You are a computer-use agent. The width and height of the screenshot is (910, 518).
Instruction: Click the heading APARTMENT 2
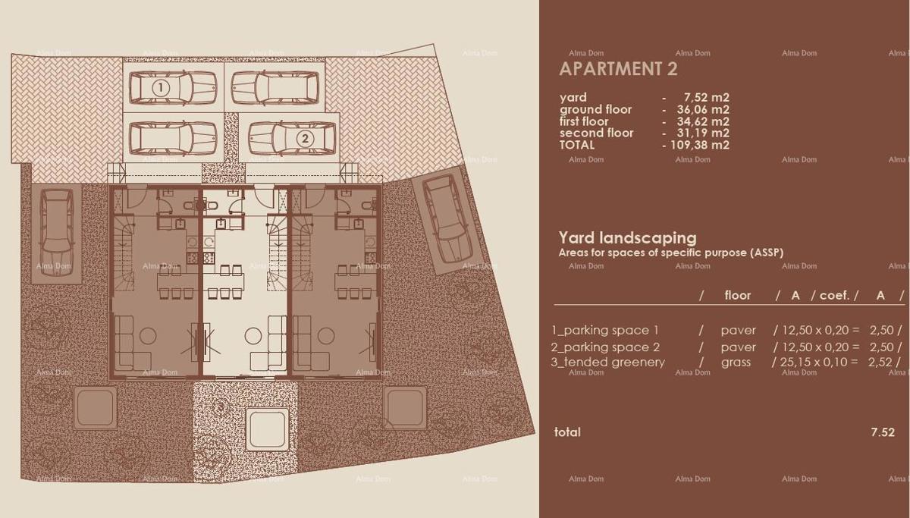tap(618, 69)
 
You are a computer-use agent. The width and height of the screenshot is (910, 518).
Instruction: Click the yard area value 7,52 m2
tap(706, 97)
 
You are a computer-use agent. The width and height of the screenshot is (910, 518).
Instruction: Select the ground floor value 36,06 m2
tap(702, 109)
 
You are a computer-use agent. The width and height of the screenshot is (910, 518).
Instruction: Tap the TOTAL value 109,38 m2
tap(698, 145)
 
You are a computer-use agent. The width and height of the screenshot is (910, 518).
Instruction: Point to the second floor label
tap(596, 133)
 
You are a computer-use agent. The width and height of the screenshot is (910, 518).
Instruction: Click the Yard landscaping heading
tap(627, 237)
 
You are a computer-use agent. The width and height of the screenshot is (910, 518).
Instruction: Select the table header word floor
tap(737, 295)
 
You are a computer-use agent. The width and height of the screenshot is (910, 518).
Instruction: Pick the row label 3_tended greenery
tap(608, 362)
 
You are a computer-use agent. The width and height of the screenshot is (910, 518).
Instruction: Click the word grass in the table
tap(736, 362)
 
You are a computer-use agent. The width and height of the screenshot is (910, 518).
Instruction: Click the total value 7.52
tap(883, 432)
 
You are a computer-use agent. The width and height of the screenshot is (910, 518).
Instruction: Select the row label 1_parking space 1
tap(605, 330)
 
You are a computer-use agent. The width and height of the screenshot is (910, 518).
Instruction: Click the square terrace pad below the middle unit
tap(266, 429)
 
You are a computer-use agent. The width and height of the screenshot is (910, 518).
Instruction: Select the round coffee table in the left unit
tap(148, 336)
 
